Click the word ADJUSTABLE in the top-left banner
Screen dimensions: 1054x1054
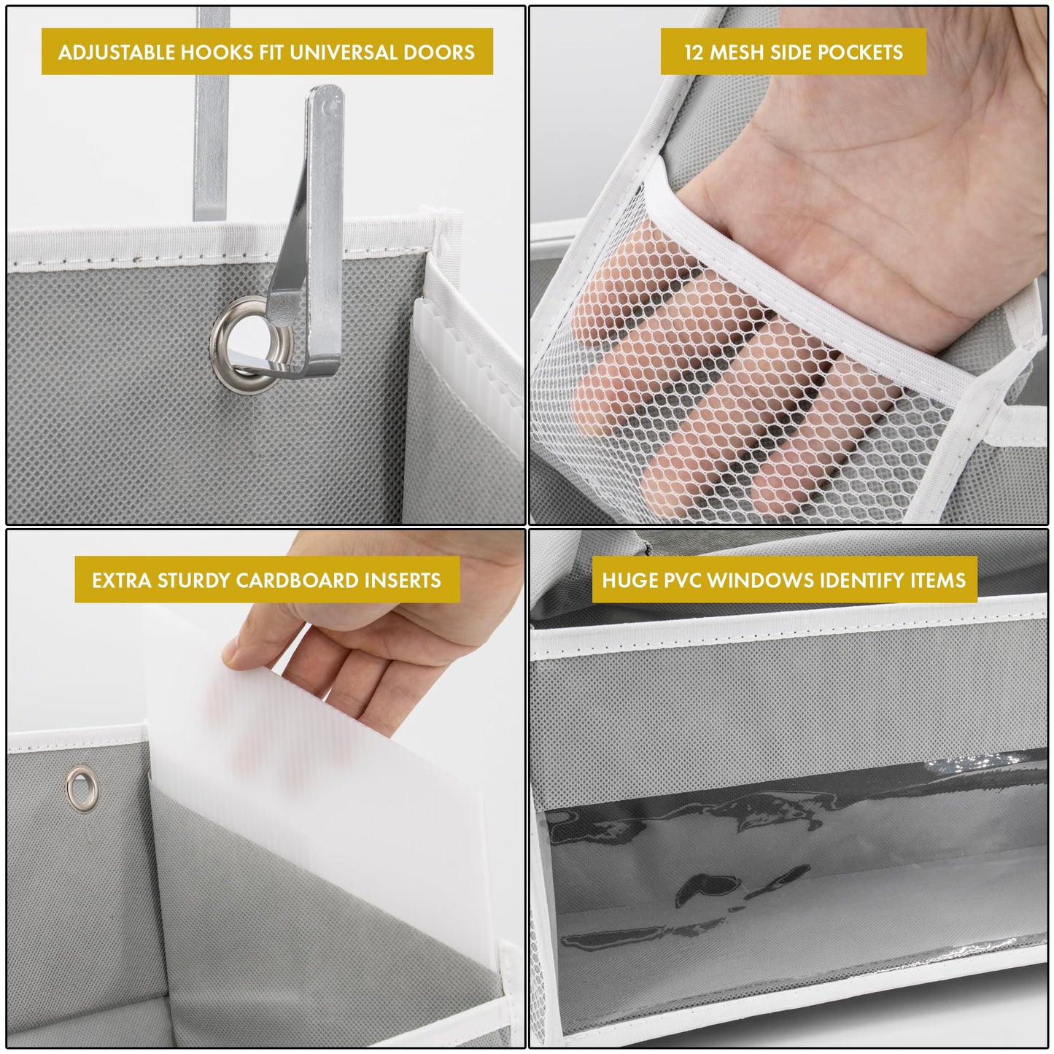[x=117, y=53]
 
